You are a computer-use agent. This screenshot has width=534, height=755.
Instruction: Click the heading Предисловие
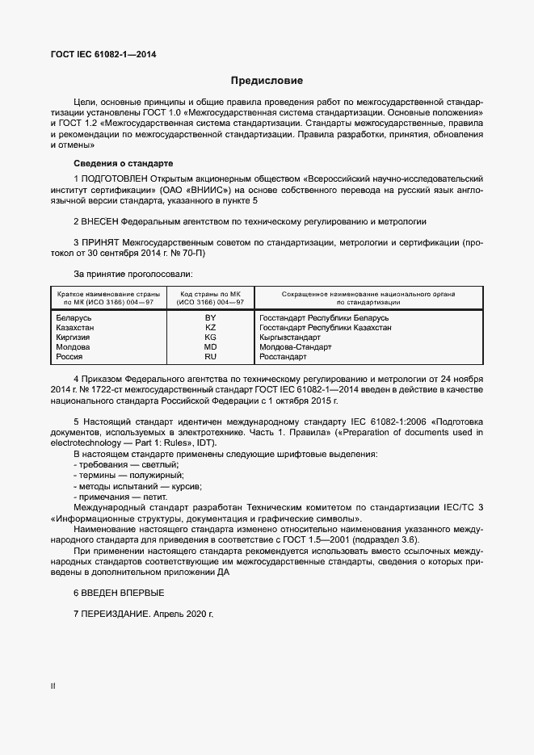(x=267, y=81)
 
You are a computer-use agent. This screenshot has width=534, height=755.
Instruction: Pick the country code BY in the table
(x=211, y=319)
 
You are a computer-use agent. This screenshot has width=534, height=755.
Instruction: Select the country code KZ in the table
(x=211, y=328)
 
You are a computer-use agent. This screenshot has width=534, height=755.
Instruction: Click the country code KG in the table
(x=211, y=338)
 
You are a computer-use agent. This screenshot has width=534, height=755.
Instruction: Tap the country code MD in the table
(x=211, y=346)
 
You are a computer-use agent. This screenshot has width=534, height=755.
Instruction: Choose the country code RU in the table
(x=211, y=356)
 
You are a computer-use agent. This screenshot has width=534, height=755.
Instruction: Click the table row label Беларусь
(x=73, y=319)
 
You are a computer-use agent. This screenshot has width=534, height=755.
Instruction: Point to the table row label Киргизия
(x=73, y=338)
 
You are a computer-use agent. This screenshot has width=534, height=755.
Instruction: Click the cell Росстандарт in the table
(x=284, y=356)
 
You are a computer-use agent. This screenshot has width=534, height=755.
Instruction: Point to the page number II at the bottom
(x=53, y=686)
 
